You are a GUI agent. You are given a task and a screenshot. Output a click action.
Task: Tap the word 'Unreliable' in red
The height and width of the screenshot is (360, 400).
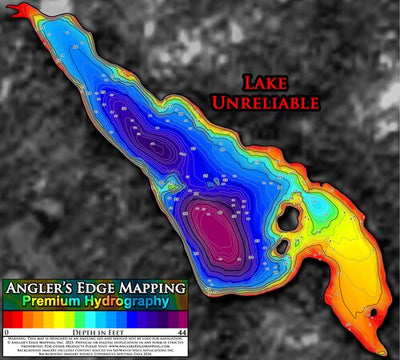pos(266,102)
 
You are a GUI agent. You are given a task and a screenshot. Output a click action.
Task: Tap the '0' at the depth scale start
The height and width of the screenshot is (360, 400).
pos(6,331)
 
